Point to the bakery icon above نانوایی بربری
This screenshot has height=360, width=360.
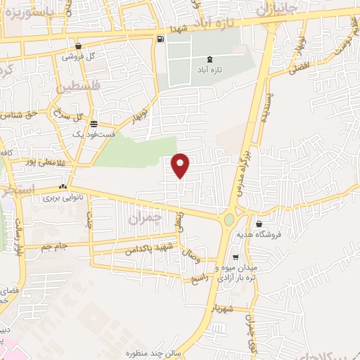(63, 187)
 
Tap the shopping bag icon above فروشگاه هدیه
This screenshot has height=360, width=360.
(260, 223)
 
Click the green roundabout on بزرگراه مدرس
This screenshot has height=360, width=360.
(229, 219)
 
